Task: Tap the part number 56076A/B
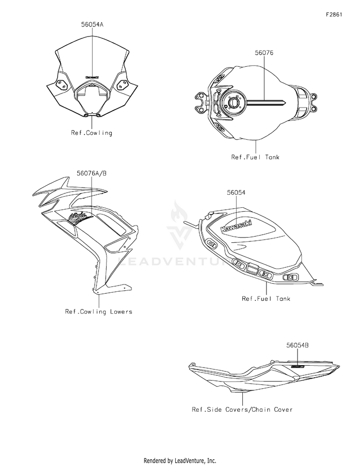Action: [x=91, y=173]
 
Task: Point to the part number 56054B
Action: [x=298, y=345]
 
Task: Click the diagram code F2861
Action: [x=334, y=14]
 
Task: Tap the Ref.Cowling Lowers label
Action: [x=98, y=311]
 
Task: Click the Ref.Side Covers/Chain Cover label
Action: [x=242, y=409]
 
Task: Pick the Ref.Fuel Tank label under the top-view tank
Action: [x=255, y=157]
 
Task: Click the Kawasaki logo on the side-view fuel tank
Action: [x=239, y=224]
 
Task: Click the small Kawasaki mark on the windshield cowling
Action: [x=92, y=77]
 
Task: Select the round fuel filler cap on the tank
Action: [x=234, y=103]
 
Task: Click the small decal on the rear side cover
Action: [x=298, y=366]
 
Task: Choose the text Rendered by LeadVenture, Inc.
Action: [x=180, y=460]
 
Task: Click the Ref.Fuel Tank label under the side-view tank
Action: [x=266, y=298]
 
